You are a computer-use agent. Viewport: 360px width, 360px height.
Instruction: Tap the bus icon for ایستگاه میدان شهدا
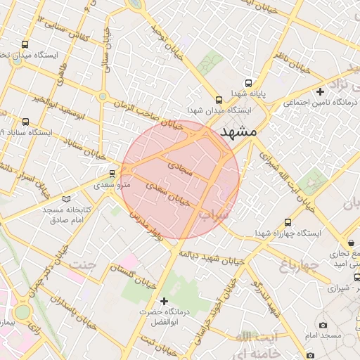click(219, 100)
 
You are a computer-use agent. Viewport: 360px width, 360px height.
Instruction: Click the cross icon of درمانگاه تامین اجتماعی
click(320, 91)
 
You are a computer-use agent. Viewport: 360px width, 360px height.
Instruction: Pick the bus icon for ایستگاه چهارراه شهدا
click(288, 222)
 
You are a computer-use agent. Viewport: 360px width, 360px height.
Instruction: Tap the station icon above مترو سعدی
click(112, 174)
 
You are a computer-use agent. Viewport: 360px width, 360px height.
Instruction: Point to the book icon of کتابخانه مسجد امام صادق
click(67, 199)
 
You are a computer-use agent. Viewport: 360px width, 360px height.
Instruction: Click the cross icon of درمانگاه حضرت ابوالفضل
click(165, 301)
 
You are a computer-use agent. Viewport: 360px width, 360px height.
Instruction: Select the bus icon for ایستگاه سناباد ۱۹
click(26, 122)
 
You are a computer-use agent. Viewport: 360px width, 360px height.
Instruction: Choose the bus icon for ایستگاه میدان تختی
click(26, 44)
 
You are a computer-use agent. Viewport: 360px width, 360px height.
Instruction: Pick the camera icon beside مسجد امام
click(322, 325)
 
